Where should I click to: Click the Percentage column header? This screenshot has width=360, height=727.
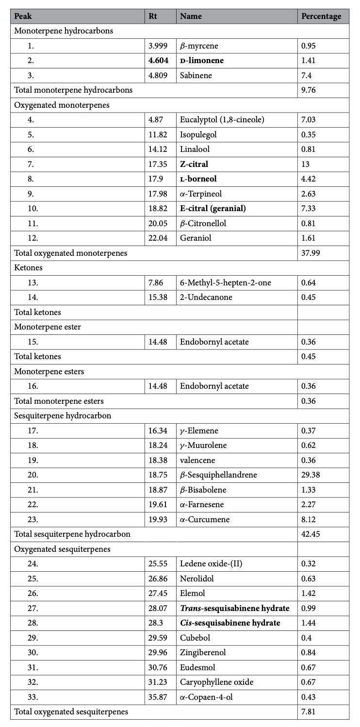[x=321, y=16]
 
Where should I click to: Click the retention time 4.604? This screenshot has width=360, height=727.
[x=158, y=61]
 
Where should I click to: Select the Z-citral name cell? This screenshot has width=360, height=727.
[x=194, y=164]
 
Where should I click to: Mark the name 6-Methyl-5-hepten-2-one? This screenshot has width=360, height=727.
[x=219, y=282]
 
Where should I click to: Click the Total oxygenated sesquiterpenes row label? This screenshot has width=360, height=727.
[x=71, y=712]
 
